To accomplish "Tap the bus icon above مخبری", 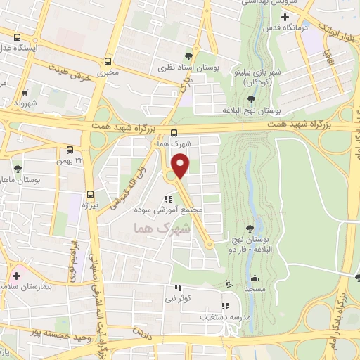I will (108, 61).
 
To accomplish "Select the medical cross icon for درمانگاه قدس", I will (285, 16).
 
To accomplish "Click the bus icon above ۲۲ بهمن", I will (70, 150).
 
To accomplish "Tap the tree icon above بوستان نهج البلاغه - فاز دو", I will (250, 228).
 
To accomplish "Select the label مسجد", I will (255, 289).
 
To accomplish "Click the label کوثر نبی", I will (177, 299).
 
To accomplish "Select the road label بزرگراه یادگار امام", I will (345, 309).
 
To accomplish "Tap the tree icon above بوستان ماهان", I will (18, 169).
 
